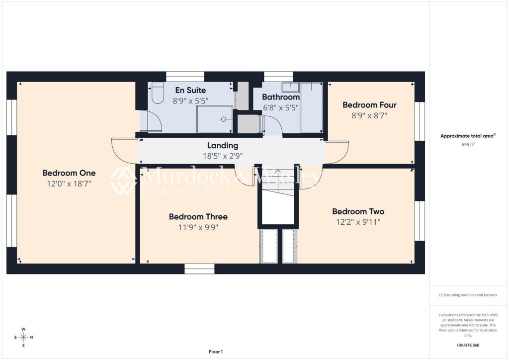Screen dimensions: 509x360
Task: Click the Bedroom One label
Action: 69,173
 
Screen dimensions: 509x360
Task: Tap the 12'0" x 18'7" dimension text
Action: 69,184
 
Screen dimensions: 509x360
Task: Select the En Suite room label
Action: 190,90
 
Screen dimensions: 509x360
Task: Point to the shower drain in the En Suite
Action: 224,119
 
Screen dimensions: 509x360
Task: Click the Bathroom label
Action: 281,97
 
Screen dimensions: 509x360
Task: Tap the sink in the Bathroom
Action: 290,88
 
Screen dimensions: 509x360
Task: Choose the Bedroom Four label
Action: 369,105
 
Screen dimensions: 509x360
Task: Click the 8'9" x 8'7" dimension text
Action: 369,115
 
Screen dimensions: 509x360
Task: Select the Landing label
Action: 223,145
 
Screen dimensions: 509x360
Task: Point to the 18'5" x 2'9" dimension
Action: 223,156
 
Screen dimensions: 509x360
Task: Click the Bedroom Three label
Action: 198,216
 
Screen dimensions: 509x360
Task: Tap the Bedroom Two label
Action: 358,212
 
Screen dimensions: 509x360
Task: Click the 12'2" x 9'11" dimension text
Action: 358,222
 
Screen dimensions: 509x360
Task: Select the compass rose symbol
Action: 23,337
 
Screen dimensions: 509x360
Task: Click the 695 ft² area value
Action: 468,145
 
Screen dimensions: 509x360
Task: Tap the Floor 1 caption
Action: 216,352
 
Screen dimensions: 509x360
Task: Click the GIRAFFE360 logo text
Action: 468,345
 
